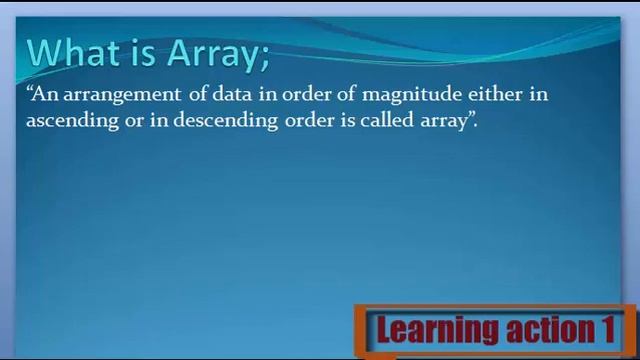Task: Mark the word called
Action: click(x=380, y=120)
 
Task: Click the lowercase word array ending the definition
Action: click(x=441, y=122)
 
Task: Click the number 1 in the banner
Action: click(x=606, y=329)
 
